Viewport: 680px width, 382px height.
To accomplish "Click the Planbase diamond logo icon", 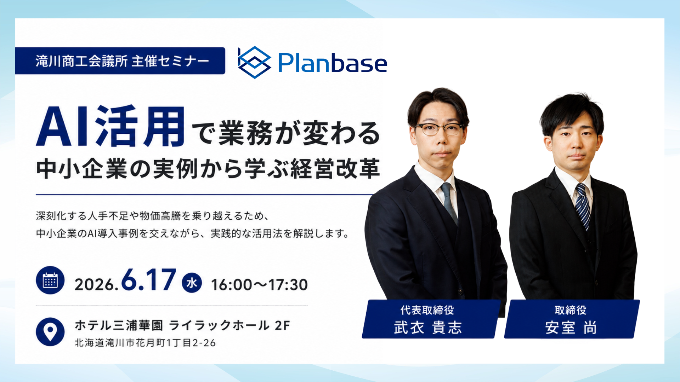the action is pyautogui.click(x=254, y=62).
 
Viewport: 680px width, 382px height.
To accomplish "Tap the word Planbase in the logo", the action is pyautogui.click(x=333, y=63).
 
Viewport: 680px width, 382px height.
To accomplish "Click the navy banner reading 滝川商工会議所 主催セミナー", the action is pyautogui.click(x=120, y=61).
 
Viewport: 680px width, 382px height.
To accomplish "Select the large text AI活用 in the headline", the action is pyautogui.click(x=110, y=126).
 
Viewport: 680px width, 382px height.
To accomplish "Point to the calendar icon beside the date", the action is pyautogui.click(x=50, y=280).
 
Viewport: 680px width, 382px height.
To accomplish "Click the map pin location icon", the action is pyautogui.click(x=50, y=331).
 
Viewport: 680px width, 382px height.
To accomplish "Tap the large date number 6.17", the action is pyautogui.click(x=148, y=279).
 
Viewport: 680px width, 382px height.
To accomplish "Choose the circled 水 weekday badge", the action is pyautogui.click(x=192, y=283).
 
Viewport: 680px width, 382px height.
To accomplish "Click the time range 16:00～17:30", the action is pyautogui.click(x=260, y=285).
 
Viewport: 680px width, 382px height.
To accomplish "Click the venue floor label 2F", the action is pyautogui.click(x=283, y=325).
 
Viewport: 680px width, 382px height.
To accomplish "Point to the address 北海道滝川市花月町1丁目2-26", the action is pyautogui.click(x=145, y=343).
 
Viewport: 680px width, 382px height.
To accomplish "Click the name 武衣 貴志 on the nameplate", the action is pyautogui.click(x=428, y=328).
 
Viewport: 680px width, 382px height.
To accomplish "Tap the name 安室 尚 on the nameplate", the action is pyautogui.click(x=571, y=328).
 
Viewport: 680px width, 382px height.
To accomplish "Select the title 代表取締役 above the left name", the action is pyautogui.click(x=427, y=310).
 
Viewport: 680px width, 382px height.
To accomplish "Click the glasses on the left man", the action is pyautogui.click(x=439, y=129).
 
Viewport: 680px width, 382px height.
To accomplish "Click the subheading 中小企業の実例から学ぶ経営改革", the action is pyautogui.click(x=208, y=169).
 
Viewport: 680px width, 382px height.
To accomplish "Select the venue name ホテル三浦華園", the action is pyautogui.click(x=119, y=325).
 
